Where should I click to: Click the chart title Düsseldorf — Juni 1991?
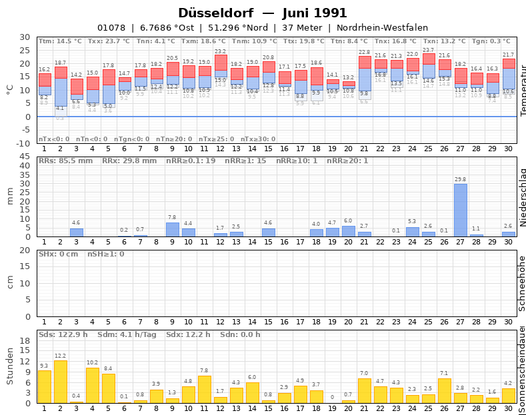[263, 13]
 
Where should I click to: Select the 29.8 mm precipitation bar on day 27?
[460, 210]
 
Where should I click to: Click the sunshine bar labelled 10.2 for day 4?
[92, 385]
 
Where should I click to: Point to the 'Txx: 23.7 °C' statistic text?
[109, 41]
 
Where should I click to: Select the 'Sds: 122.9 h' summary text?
[63, 334]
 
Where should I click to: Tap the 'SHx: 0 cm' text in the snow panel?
[59, 254]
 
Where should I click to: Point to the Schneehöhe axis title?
[523, 283]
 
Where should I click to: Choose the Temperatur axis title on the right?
[523, 90]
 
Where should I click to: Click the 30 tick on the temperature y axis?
[25, 37]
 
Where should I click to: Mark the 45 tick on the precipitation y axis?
[25, 157]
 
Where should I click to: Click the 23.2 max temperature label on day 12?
[220, 51]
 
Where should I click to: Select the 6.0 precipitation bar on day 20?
[348, 231]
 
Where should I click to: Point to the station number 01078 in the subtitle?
[111, 27]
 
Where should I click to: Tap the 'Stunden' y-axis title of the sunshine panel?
[10, 366]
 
